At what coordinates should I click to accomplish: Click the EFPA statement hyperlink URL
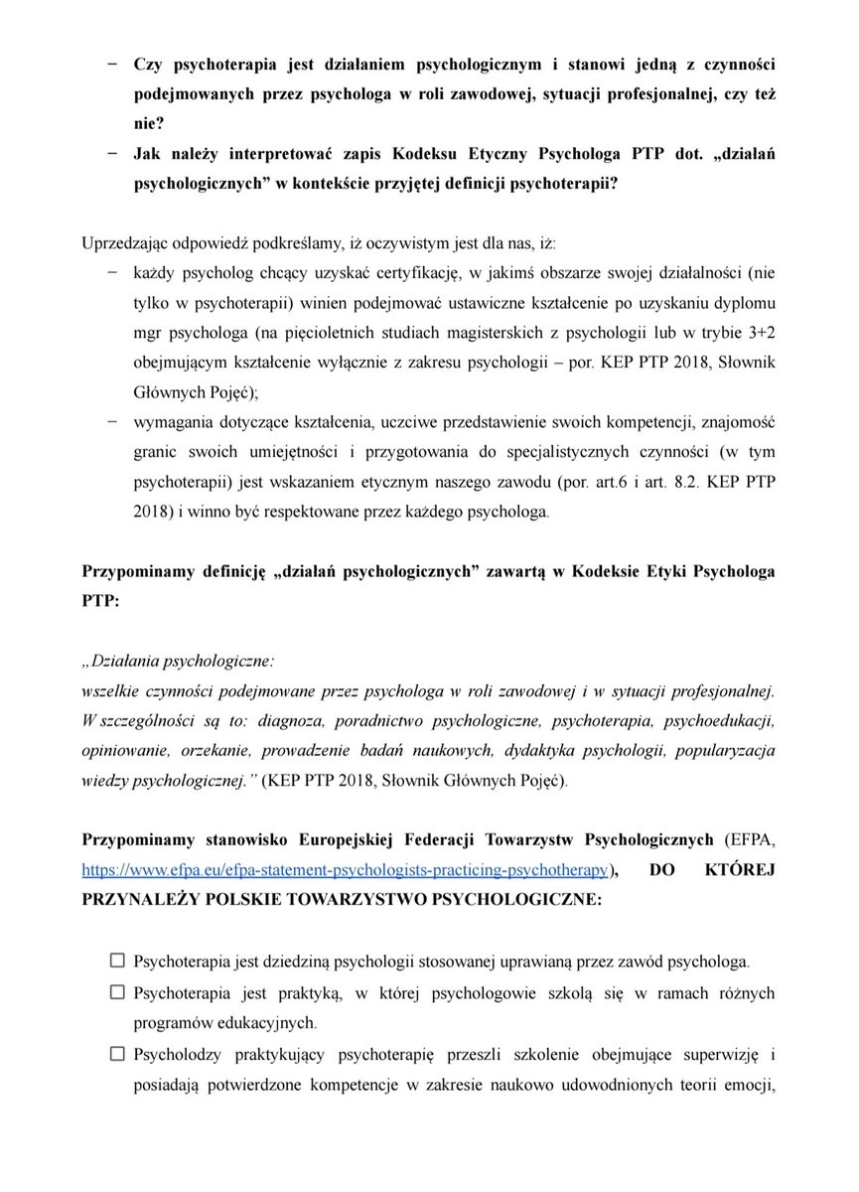click(345, 869)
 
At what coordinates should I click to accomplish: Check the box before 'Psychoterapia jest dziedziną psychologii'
click(117, 961)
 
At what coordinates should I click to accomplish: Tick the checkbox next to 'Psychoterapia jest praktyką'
click(117, 991)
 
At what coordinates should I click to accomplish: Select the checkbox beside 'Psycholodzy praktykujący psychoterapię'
click(117, 1053)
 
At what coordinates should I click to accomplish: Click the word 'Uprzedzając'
click(124, 243)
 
